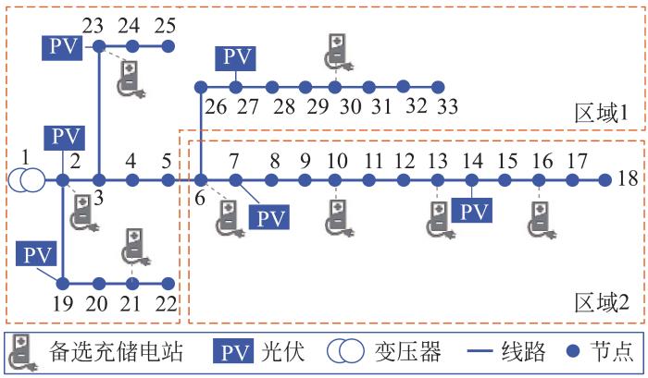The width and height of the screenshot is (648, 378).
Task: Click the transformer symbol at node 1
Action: pos(27,179)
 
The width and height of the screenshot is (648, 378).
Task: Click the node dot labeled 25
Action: pos(168,45)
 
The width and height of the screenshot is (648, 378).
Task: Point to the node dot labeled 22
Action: pos(168,283)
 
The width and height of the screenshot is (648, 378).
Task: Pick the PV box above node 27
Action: pos(238,57)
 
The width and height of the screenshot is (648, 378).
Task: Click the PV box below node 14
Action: pos(472,211)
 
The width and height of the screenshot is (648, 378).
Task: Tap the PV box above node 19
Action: pos(35,252)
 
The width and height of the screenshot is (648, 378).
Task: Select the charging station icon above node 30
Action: pos(338,51)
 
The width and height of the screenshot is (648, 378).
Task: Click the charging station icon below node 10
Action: pos(338,216)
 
